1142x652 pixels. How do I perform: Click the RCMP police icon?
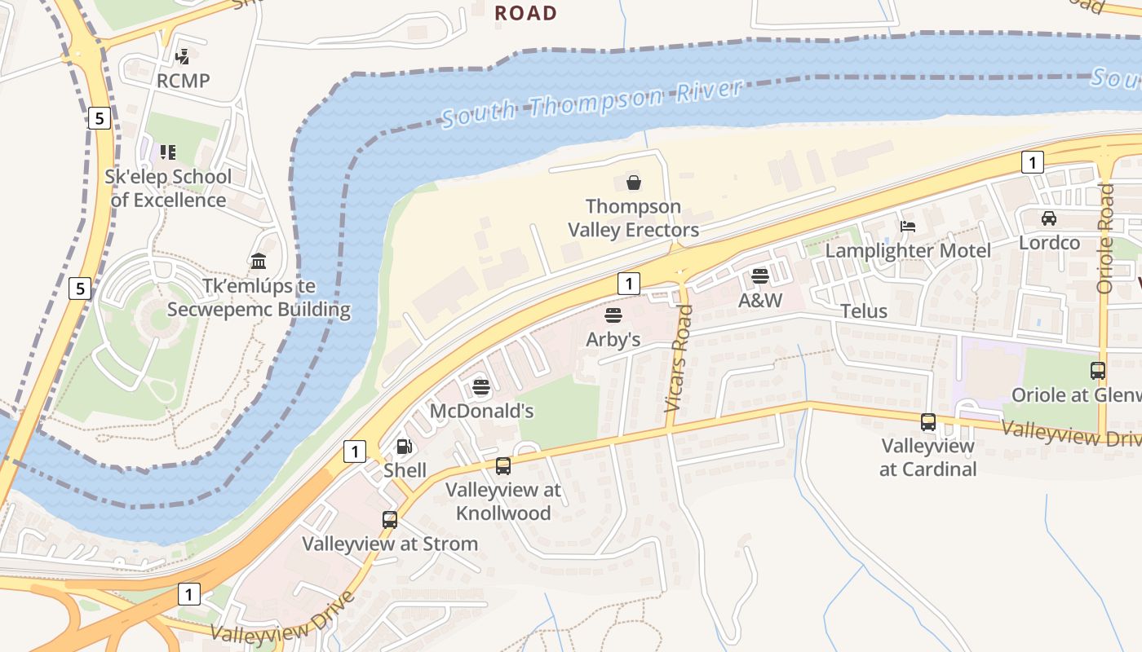pyautogui.click(x=184, y=56)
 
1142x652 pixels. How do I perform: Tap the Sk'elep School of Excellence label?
pyautogui.click(x=168, y=188)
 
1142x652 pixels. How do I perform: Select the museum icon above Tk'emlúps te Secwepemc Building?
pyautogui.click(x=259, y=262)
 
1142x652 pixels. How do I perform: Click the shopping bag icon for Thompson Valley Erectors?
pyautogui.click(x=634, y=183)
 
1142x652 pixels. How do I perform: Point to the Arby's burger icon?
pyautogui.click(x=613, y=315)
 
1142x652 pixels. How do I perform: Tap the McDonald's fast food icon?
pyautogui.click(x=480, y=387)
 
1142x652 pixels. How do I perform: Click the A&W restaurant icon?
pyautogui.click(x=760, y=276)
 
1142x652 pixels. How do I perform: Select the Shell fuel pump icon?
pyautogui.click(x=404, y=447)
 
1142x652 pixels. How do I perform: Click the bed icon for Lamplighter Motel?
pyautogui.click(x=908, y=227)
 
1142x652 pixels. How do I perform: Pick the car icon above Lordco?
pyautogui.click(x=1049, y=218)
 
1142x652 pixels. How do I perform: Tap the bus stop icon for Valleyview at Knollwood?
pyautogui.click(x=503, y=466)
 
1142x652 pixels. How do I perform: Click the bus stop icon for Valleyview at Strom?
pyautogui.click(x=390, y=520)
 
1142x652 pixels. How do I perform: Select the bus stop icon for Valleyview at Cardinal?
pyautogui.click(x=928, y=422)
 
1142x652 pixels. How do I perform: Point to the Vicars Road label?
pyautogui.click(x=679, y=358)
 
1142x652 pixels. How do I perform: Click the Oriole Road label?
pyautogui.click(x=1105, y=238)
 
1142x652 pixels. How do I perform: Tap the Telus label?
pyautogui.click(x=864, y=311)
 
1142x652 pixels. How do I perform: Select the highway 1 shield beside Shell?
pyautogui.click(x=355, y=451)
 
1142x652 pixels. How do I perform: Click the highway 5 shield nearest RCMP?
pyautogui.click(x=99, y=118)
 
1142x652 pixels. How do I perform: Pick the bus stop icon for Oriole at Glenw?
pyautogui.click(x=1098, y=371)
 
